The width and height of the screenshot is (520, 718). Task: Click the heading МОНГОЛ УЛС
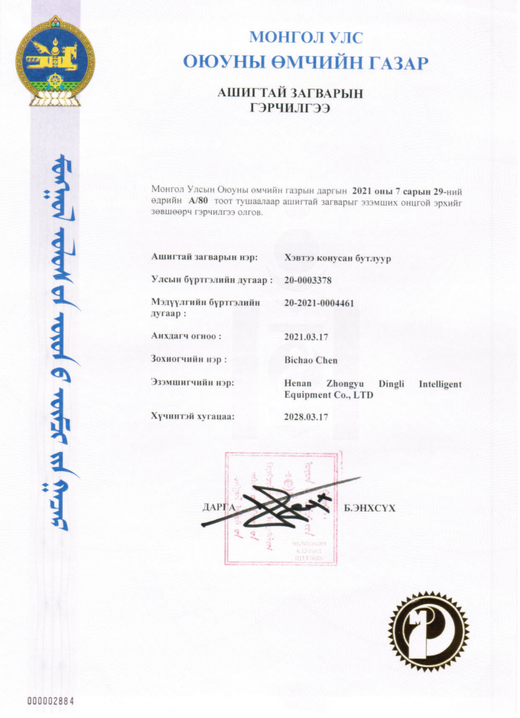(x=306, y=36)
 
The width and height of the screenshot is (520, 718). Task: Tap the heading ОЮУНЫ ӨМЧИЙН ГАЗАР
(x=305, y=62)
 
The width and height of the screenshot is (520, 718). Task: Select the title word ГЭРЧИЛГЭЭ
(x=289, y=109)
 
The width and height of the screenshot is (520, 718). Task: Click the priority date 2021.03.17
(x=306, y=336)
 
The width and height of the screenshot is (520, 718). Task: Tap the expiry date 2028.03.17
(x=306, y=417)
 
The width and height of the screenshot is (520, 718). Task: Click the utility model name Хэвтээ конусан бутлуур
(x=337, y=258)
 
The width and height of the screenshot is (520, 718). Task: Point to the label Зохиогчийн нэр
(x=190, y=359)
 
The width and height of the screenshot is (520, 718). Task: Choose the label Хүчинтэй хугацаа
(x=193, y=417)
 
